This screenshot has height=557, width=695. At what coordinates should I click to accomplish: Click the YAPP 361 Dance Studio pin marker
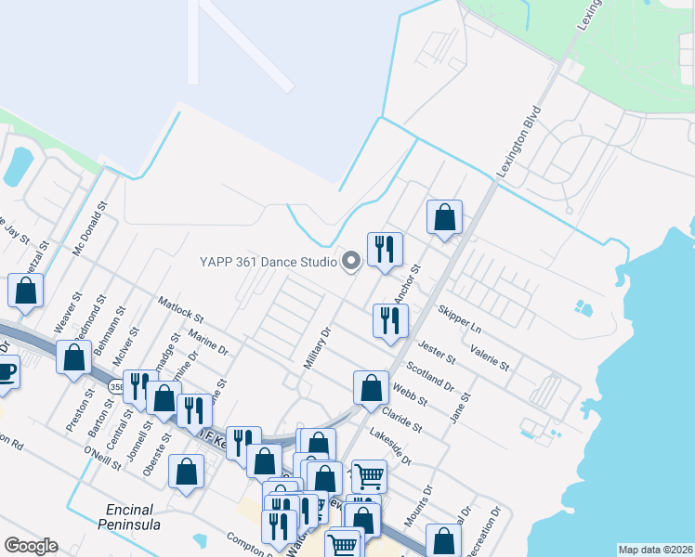pos(350,262)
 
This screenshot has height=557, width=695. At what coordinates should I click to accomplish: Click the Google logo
pos(31,546)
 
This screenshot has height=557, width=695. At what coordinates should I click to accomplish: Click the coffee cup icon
pos(5,373)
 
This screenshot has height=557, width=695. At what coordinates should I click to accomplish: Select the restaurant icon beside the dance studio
pos(385,249)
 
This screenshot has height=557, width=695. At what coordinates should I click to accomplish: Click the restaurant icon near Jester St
pos(390,321)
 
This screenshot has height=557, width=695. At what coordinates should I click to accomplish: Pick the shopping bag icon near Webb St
pos(371,388)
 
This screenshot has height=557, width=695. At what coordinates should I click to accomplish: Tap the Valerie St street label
pos(490,357)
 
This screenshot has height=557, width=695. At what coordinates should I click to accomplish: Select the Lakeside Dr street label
pos(389,447)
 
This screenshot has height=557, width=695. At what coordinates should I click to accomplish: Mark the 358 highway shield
pos(115,385)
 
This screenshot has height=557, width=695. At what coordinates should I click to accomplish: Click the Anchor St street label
pos(407,282)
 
